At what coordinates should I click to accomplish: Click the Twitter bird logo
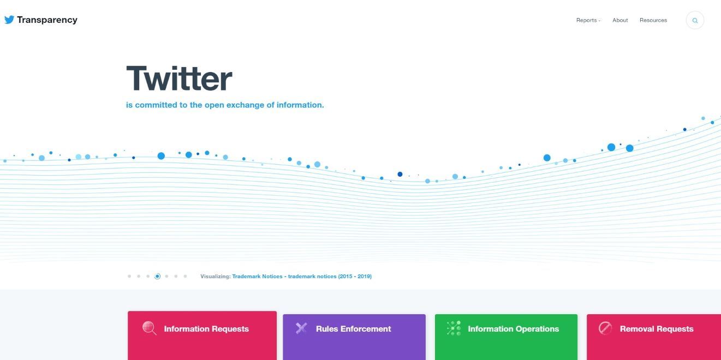point(9,20)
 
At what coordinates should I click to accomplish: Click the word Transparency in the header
point(47,20)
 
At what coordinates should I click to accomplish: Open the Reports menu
point(588,20)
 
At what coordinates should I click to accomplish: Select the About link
point(620,20)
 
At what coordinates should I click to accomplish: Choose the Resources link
point(653,20)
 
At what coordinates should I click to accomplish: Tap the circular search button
point(695,20)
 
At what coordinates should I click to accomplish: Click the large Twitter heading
point(179,79)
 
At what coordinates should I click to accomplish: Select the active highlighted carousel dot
point(157,277)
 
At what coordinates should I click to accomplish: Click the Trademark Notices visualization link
point(302,277)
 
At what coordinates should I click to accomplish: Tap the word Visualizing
point(216,277)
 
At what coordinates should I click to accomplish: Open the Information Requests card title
point(206,329)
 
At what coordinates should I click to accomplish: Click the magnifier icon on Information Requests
point(150,328)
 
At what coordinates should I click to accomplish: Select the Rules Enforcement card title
point(354,329)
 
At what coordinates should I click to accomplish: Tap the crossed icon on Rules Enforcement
point(301,328)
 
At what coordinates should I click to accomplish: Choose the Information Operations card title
point(514,329)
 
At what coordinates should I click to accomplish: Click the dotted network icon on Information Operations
point(454,328)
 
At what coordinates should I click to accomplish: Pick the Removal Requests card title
point(657,329)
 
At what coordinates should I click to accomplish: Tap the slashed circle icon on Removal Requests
point(605,328)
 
